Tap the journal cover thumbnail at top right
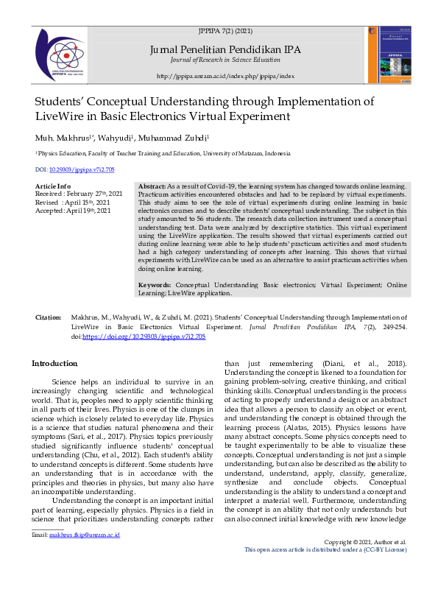click(389, 55)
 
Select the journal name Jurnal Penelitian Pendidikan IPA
click(225, 49)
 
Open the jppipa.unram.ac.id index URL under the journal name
click(225, 76)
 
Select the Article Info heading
click(53, 186)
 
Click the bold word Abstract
click(151, 187)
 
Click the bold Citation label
click(49, 316)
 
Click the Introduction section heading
click(54, 364)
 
